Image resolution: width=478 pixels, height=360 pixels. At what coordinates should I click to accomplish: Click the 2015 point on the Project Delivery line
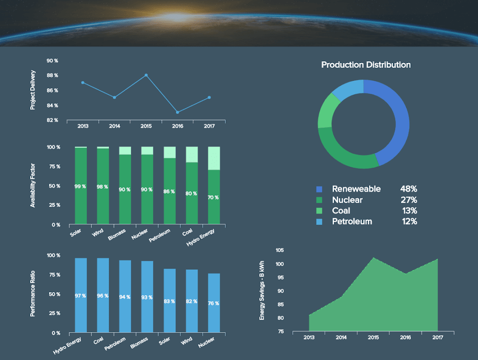(146, 75)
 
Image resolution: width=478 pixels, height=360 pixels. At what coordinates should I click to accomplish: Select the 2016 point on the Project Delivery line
(177, 112)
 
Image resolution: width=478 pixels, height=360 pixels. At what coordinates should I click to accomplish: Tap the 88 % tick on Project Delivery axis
(52, 76)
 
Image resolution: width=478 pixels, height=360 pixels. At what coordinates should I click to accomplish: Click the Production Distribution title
(366, 65)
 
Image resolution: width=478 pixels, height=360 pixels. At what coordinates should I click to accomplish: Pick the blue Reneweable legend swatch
(320, 189)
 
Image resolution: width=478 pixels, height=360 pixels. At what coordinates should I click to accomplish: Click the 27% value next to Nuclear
(409, 200)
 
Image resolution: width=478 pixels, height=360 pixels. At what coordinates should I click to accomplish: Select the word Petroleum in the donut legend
(352, 221)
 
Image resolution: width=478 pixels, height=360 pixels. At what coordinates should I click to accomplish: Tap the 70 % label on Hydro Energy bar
(213, 198)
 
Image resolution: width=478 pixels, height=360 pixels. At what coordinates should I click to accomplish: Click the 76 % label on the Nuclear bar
(213, 303)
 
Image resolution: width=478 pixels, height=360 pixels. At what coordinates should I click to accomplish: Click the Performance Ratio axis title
(33, 293)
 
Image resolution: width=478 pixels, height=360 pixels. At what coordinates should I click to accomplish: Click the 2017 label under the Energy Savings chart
(437, 337)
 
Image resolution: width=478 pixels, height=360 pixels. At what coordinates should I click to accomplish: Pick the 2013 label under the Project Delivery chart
(83, 126)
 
